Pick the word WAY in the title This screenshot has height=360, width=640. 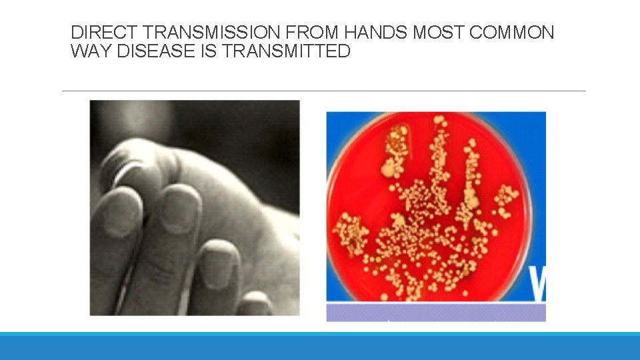pos(91,51)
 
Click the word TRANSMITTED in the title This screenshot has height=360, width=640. pos(286,51)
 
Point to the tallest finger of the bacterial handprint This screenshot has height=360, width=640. pos(439,153)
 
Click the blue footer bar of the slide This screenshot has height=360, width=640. pos(320,347)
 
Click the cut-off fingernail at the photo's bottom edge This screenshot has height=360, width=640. pos(255,306)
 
